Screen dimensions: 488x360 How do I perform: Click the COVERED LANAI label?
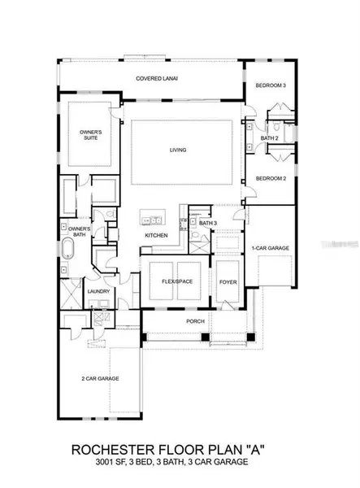point(156,79)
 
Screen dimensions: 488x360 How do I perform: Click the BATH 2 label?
point(270,138)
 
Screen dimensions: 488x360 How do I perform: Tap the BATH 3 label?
point(208,223)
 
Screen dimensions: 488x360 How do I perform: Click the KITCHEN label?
point(156,236)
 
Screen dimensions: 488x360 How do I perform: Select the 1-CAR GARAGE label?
point(270,247)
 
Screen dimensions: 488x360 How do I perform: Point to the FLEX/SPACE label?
point(176,281)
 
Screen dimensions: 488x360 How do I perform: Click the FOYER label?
point(227,281)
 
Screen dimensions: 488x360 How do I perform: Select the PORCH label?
point(194,320)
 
